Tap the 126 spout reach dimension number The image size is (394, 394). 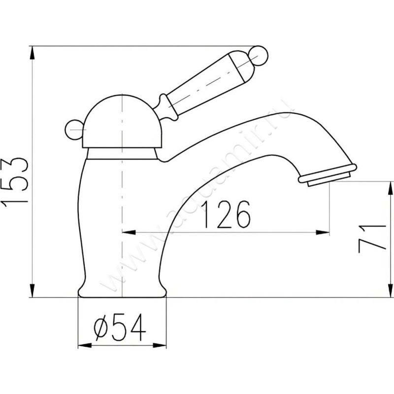[x=227, y=215]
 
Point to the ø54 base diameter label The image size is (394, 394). [x=120, y=327]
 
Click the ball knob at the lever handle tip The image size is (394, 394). [x=258, y=56]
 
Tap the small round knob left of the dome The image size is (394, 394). [x=74, y=130]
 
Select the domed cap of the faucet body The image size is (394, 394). [x=122, y=121]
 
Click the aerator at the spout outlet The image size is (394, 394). [x=328, y=175]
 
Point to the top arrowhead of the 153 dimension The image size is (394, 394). [x=32, y=53]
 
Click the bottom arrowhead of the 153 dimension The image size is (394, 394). [x=32, y=291]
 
